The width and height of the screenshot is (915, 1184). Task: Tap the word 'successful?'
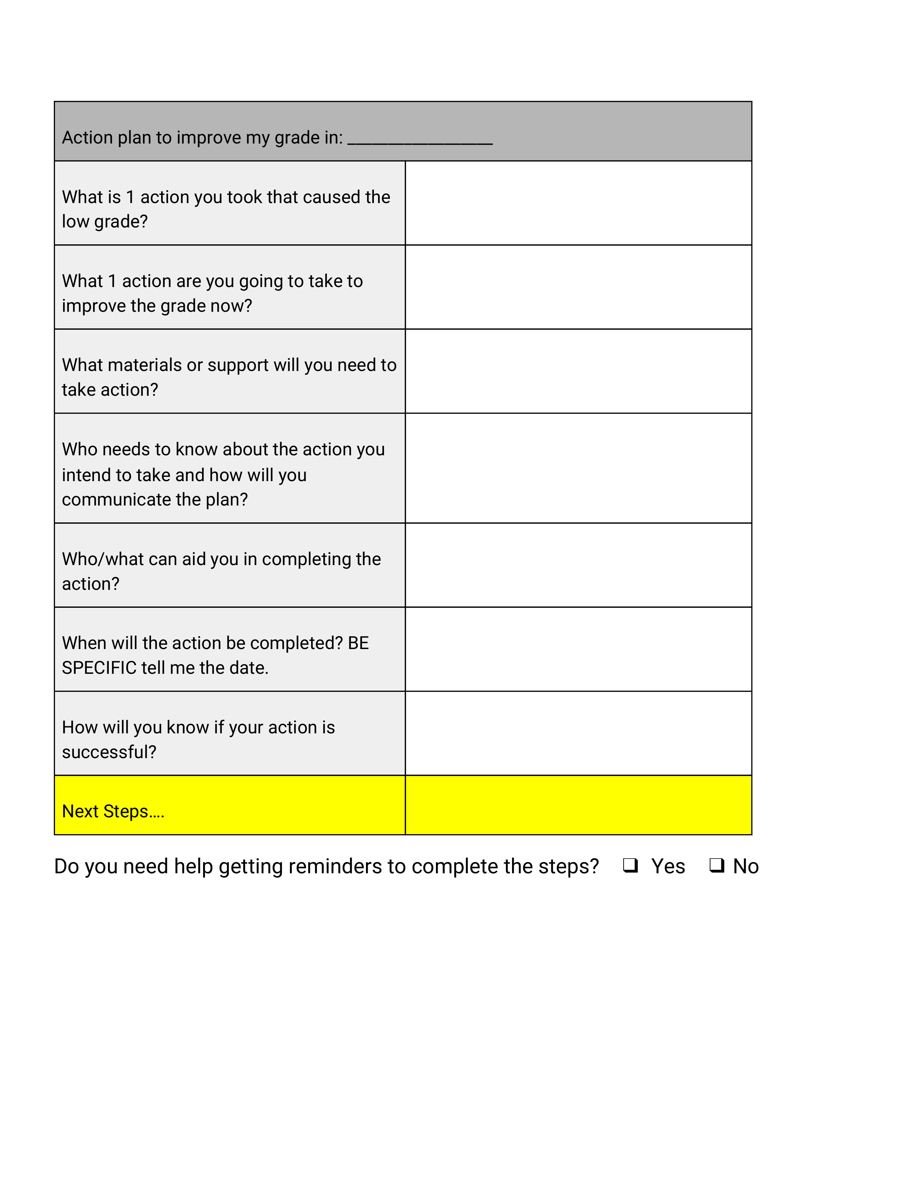(x=109, y=752)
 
